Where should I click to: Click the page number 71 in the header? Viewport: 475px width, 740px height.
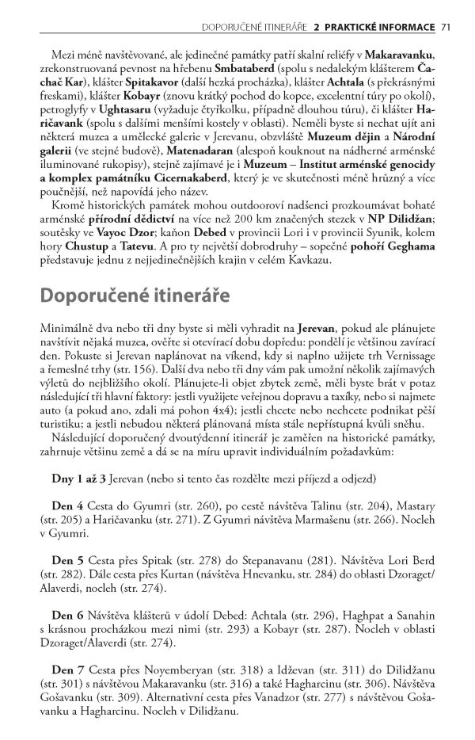(445, 28)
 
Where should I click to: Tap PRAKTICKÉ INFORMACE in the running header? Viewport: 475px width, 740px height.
(374, 28)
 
